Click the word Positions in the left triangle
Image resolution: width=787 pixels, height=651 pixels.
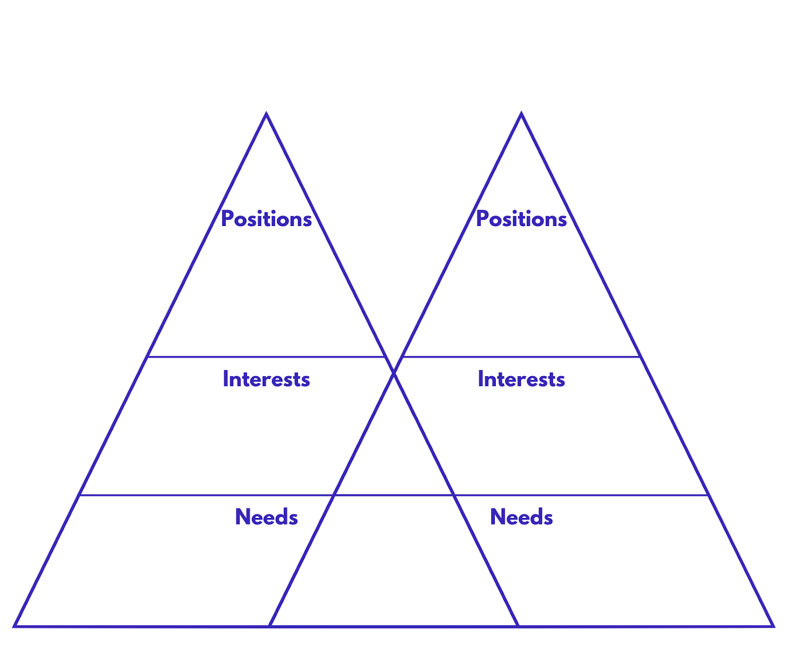coord(266,219)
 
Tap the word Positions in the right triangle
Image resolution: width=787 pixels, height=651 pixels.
coord(521,219)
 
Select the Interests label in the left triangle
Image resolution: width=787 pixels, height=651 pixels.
coord(266,379)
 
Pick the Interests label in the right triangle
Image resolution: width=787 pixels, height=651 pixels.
coord(521,379)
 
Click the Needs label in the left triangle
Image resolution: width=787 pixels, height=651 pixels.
coord(266,517)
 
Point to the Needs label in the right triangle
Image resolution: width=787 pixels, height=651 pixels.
coord(521,517)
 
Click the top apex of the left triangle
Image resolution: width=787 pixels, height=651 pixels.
coord(266,114)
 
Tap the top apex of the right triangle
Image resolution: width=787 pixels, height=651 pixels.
coord(521,113)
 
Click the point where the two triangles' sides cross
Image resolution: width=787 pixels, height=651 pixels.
coord(393,373)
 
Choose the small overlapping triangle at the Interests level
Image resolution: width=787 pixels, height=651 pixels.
coord(393,453)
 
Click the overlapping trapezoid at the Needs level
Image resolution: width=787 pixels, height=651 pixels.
coord(393,561)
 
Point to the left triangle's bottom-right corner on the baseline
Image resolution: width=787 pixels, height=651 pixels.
coord(518,626)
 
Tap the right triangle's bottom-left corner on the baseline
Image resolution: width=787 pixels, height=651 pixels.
coord(270,626)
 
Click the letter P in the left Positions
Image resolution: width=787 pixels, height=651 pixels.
coord(226,219)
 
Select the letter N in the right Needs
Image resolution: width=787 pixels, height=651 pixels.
coord(497,517)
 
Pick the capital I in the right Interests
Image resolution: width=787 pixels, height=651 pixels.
coord(480,379)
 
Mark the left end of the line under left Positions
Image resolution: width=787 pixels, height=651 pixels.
coord(148,357)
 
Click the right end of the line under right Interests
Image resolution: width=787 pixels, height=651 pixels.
coord(707,495)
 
